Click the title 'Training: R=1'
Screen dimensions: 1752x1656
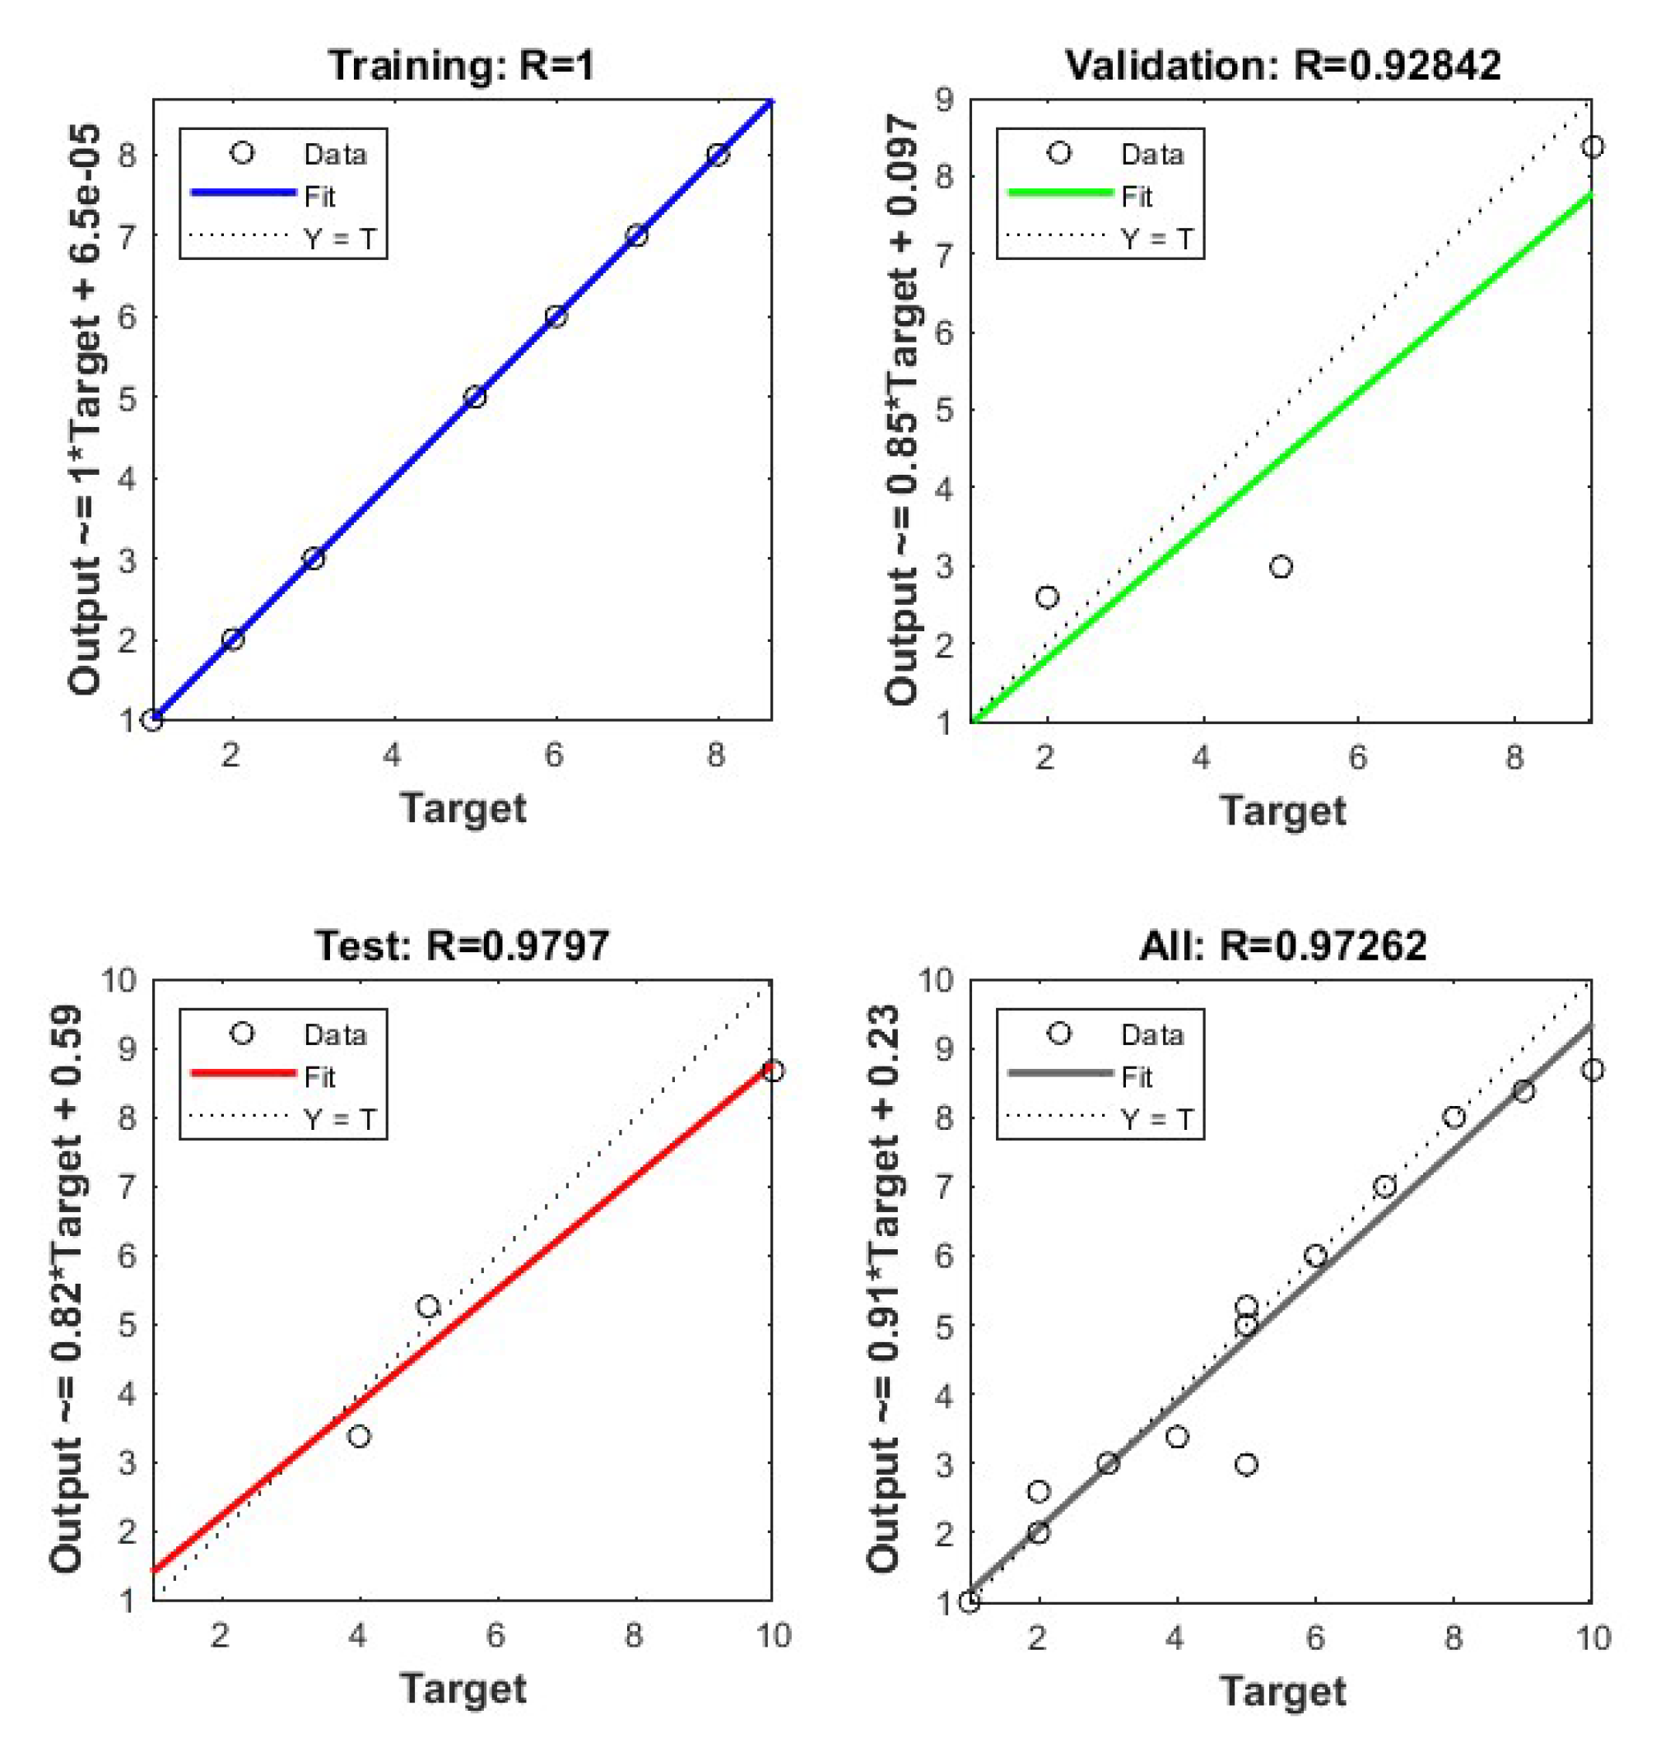(462, 66)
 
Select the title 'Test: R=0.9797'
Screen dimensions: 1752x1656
(462, 946)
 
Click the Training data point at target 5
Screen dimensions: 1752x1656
(475, 397)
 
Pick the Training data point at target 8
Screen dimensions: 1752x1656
(718, 156)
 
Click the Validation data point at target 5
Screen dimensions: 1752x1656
(1281, 567)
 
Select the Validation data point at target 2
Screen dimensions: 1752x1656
(1047, 597)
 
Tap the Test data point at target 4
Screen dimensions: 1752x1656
(358, 1437)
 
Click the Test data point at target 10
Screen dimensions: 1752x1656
(772, 1071)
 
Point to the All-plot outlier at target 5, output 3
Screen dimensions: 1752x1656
(1245, 1465)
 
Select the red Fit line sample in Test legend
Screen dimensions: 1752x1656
(242, 1073)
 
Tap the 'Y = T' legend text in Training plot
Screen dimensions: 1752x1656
(340, 239)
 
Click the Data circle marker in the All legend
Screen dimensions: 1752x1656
(1059, 1034)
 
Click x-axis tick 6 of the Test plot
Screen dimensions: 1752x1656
(496, 1636)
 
